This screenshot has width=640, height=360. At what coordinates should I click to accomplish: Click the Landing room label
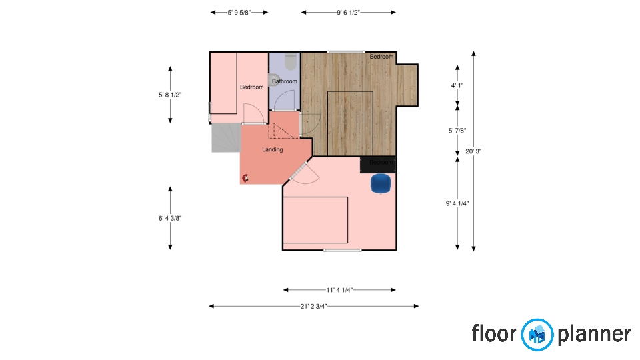[272, 149]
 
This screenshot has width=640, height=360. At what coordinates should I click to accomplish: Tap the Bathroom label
[285, 81]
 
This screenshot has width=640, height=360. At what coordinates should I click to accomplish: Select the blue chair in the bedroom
[381, 183]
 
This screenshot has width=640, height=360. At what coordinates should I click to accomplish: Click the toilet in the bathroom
[291, 62]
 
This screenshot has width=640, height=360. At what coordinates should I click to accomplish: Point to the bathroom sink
[273, 80]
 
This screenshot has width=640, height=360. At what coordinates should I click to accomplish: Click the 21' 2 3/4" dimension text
[313, 306]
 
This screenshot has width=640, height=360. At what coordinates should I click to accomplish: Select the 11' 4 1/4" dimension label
[339, 290]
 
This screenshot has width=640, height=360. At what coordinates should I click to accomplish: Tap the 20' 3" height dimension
[473, 151]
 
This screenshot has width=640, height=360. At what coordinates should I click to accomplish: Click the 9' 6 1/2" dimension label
[348, 13]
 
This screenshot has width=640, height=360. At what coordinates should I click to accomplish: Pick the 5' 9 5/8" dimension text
[239, 13]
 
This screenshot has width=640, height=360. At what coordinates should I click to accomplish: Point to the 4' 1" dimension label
[457, 86]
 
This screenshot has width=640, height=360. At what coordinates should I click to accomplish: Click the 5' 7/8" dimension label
[457, 131]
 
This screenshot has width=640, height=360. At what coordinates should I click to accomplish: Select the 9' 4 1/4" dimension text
[457, 203]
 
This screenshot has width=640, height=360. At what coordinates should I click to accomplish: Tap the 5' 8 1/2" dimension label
[170, 95]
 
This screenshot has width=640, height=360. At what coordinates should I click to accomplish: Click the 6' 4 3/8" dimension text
[170, 219]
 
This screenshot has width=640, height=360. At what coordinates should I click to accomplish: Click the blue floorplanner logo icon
[537, 335]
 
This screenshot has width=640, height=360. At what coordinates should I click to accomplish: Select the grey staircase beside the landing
[226, 138]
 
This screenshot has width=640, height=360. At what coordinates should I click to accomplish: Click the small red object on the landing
[245, 178]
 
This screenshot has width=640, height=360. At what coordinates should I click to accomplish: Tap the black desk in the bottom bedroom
[378, 165]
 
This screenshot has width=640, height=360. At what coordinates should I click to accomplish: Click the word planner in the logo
[594, 334]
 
